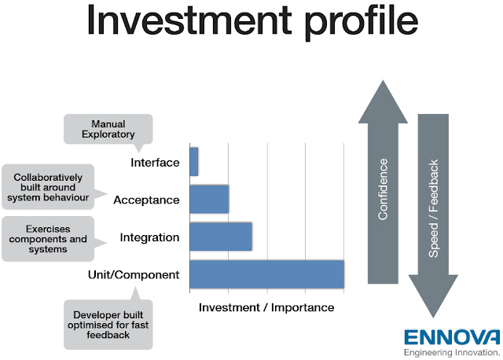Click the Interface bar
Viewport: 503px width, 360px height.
pyautogui.click(x=194, y=162)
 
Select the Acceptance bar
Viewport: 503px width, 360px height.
pyautogui.click(x=210, y=199)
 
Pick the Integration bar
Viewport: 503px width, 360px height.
pyautogui.click(x=221, y=237)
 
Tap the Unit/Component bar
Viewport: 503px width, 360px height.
pyautogui.click(x=267, y=274)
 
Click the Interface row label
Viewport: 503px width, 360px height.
pyautogui.click(x=155, y=163)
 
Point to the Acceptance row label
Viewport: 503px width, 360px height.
pyautogui.click(x=146, y=200)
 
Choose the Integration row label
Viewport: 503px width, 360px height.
pyautogui.click(x=149, y=237)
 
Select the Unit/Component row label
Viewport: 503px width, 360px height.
pyautogui.click(x=134, y=275)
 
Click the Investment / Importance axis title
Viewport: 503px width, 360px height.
pyautogui.click(x=266, y=307)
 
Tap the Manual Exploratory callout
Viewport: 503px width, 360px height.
pyautogui.click(x=108, y=129)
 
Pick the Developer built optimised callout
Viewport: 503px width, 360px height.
pyautogui.click(x=108, y=325)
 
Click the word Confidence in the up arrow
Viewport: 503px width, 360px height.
pyautogui.click(x=383, y=189)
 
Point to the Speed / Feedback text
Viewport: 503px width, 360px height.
pyautogui.click(x=433, y=208)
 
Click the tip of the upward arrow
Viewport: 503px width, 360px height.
pyautogui.click(x=383, y=80)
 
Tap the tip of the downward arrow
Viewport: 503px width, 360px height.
pyautogui.click(x=433, y=318)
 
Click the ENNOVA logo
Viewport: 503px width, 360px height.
pyautogui.click(x=452, y=337)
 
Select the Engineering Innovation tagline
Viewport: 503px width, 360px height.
pyautogui.click(x=452, y=353)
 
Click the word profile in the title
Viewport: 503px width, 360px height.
pyautogui.click(x=362, y=21)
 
